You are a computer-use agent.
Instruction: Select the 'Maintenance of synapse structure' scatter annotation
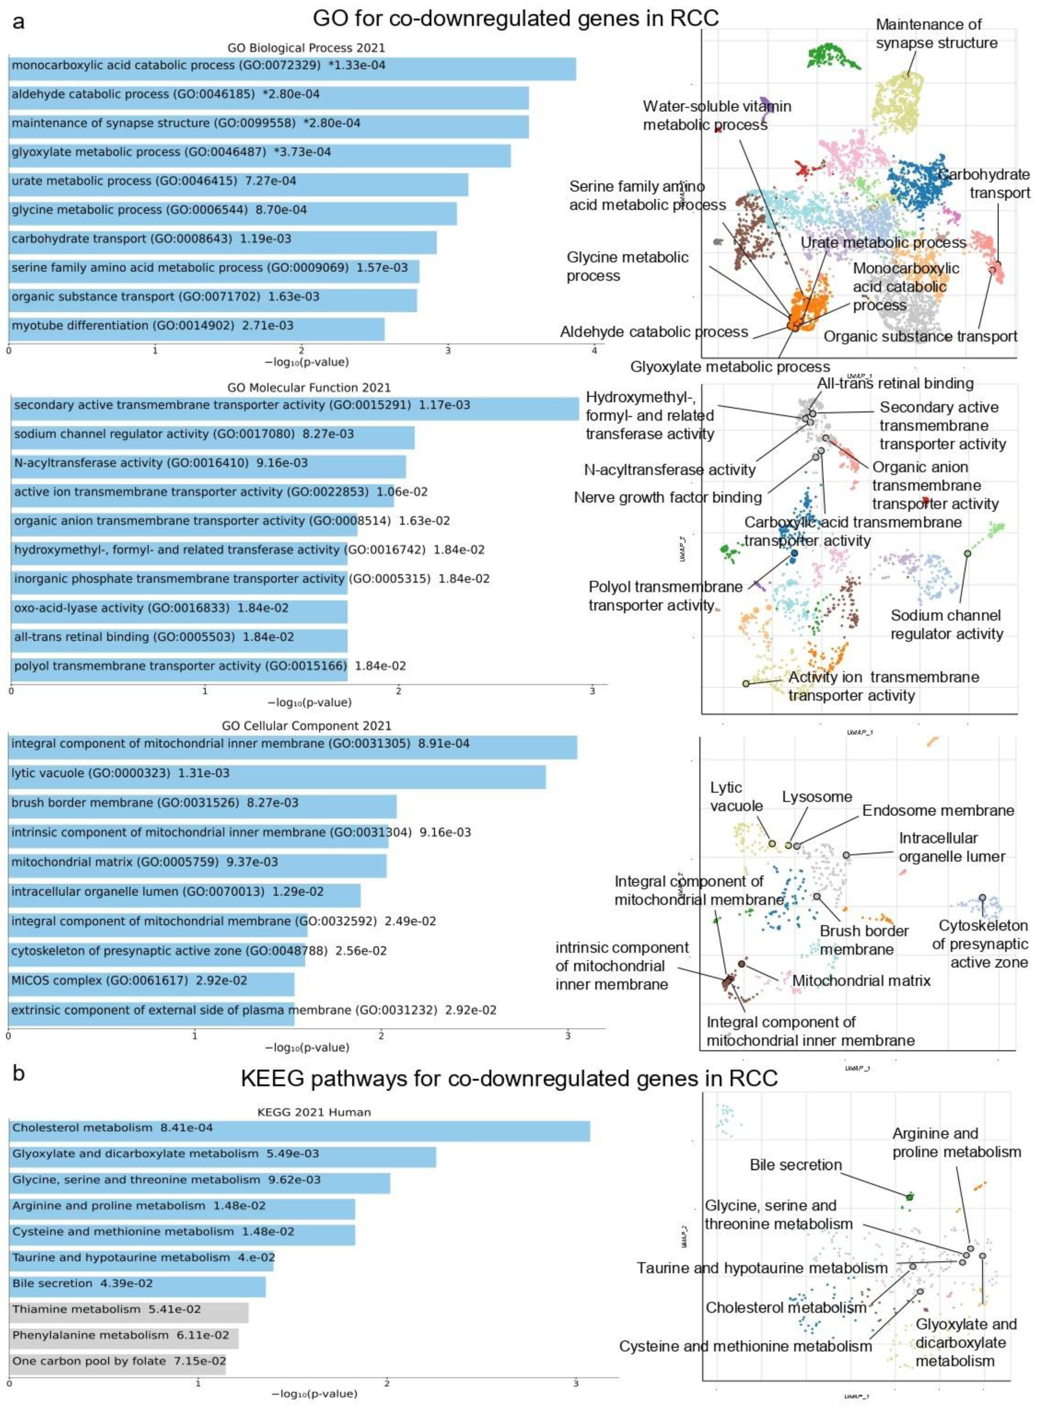(x=937, y=34)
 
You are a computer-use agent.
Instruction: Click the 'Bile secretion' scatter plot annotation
(x=795, y=1165)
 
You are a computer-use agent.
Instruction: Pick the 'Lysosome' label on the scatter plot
(x=817, y=797)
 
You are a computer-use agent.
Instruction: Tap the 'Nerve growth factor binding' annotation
(x=668, y=498)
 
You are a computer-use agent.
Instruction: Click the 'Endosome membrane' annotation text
(x=938, y=811)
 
